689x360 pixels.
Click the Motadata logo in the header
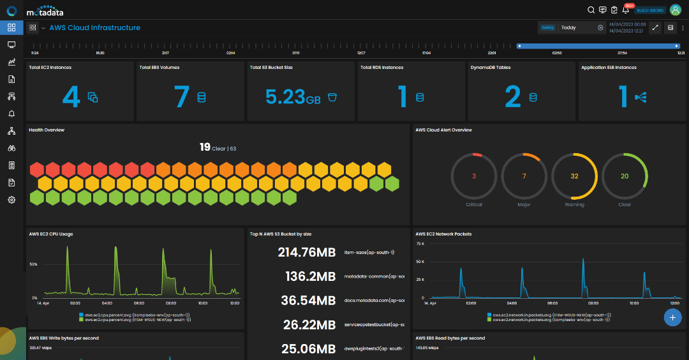coord(45,11)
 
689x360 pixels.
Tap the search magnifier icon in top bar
coord(591,10)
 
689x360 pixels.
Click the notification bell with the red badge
coord(625,10)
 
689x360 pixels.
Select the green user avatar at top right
coord(676,10)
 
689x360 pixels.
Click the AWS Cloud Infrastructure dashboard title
coord(94,28)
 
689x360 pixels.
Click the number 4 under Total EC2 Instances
coord(71,96)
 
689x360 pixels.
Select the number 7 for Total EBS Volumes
coord(182,96)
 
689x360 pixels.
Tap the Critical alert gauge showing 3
coord(474,176)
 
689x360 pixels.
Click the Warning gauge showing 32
coord(574,176)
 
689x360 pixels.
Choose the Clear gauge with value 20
coord(625,176)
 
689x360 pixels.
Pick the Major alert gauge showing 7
coord(524,176)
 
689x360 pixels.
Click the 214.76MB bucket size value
coord(307,253)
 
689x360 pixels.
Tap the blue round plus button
coord(672,317)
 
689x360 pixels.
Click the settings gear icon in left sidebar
coord(11,200)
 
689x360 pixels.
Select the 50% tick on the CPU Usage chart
coord(33,264)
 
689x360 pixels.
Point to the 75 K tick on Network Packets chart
coord(420,243)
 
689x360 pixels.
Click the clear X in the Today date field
coord(600,28)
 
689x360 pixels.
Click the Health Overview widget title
coord(47,130)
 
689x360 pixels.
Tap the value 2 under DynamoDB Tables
coord(513,96)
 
